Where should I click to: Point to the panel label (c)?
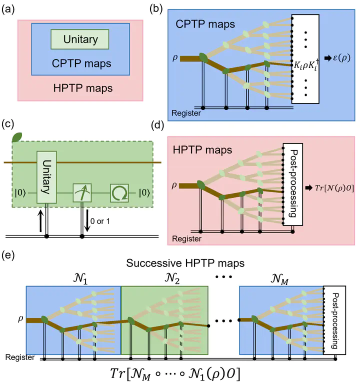tap(9, 125)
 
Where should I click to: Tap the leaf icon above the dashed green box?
tap(17, 136)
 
